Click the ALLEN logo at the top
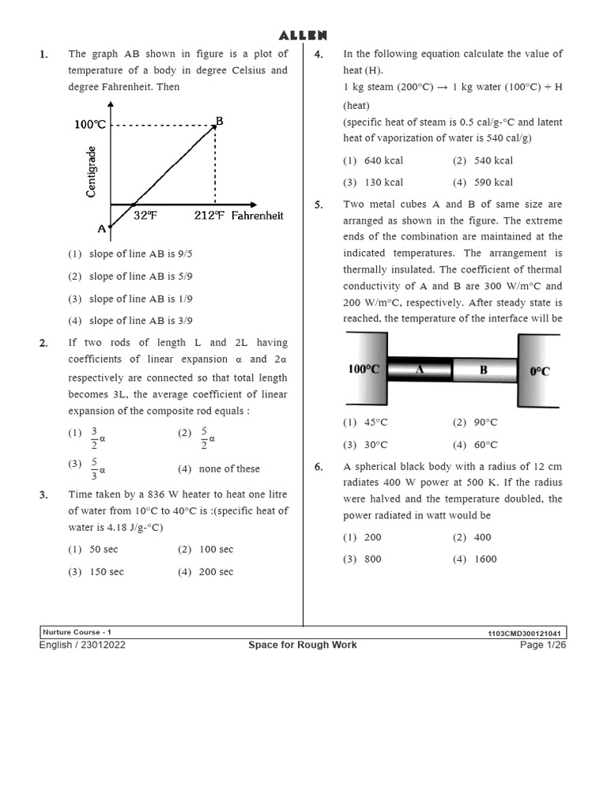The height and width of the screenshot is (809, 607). click(303, 36)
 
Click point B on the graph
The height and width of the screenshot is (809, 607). click(219, 121)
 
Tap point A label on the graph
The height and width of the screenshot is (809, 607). click(101, 228)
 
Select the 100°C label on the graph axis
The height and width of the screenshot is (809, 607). click(90, 125)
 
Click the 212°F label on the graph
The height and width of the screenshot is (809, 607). click(209, 216)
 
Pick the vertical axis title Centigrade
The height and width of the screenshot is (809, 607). click(92, 171)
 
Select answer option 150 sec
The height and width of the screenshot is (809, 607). click(106, 572)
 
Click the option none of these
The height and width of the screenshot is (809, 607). click(228, 468)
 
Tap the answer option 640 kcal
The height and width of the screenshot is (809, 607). click(383, 160)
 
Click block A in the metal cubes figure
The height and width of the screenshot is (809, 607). click(419, 369)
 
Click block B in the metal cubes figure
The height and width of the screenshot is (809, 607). click(484, 369)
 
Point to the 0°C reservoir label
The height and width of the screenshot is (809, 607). click(540, 371)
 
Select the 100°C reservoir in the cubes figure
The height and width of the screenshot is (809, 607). click(364, 369)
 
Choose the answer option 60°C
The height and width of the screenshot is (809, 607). click(485, 445)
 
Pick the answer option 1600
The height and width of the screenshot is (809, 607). click(485, 559)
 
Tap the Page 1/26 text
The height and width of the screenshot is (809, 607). click(542, 645)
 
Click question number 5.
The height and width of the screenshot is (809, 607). click(319, 205)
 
